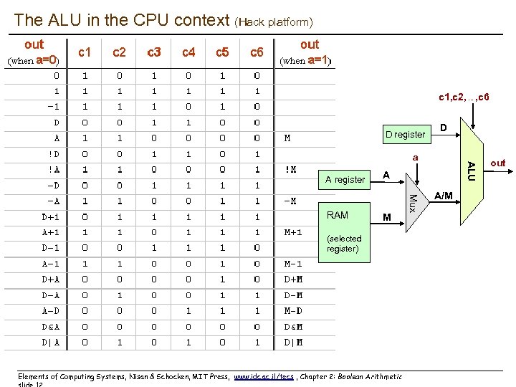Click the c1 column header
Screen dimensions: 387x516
coord(85,52)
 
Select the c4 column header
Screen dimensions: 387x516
coord(188,52)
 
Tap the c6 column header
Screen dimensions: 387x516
coord(257,52)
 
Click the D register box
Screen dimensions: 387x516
coord(405,133)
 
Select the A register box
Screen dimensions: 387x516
coord(345,179)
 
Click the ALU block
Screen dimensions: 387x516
coord(469,171)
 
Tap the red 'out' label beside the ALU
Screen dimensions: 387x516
coord(497,163)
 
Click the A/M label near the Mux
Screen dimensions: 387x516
coord(444,195)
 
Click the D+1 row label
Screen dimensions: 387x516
coord(50,216)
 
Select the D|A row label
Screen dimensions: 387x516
coord(50,343)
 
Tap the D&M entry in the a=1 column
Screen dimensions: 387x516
coord(294,327)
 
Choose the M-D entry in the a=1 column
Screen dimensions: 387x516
coord(294,311)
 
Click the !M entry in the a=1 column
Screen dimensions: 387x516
coord(290,169)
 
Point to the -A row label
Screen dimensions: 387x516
coord(53,201)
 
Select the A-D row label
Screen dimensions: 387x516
coord(50,311)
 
